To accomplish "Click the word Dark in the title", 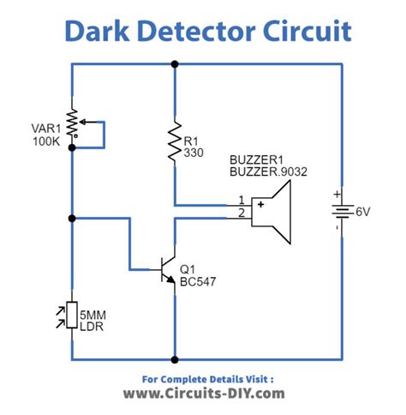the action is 98,31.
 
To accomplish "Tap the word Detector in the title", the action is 196,31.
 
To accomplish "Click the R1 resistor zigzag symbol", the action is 175,141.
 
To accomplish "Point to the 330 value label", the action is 194,153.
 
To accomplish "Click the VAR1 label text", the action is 46,129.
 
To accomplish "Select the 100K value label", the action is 46,141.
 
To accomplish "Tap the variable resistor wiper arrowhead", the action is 82,123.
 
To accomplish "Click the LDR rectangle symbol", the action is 72,315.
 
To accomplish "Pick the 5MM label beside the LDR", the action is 93,316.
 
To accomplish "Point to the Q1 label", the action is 188,269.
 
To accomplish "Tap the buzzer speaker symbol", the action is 271,212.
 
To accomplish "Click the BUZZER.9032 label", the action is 268,171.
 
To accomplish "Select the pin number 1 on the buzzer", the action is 242,200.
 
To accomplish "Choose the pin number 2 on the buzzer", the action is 242,213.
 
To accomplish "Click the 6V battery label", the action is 363,212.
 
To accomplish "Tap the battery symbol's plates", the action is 343,212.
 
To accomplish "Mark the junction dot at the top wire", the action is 175,64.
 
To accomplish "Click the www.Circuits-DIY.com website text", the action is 204,394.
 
